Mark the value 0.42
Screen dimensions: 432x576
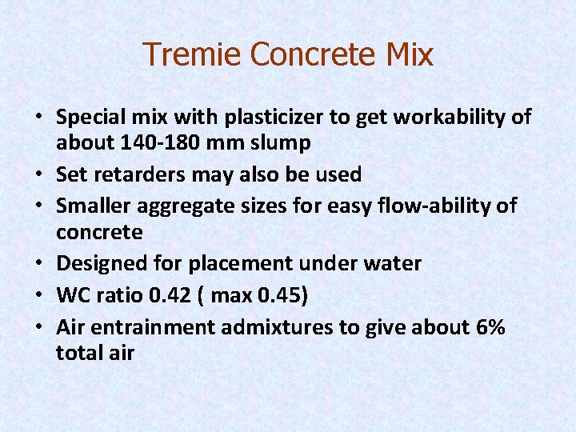pyautogui.click(x=172, y=295)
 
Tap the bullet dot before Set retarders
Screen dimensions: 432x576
pyautogui.click(x=40, y=175)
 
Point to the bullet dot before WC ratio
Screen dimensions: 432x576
pyautogui.click(x=40, y=296)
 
